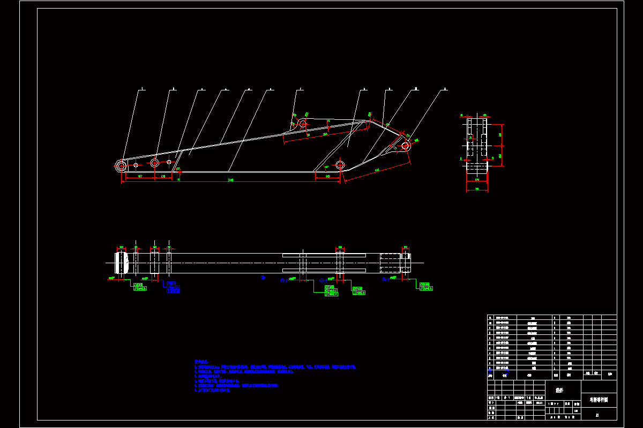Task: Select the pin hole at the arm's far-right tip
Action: click(x=406, y=145)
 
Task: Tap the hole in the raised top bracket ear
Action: click(x=303, y=124)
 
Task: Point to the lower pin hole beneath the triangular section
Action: click(x=340, y=164)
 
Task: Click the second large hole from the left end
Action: click(x=155, y=162)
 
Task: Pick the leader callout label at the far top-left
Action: click(x=143, y=89)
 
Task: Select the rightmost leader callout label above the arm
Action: click(x=445, y=89)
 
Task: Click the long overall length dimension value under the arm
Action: click(x=230, y=180)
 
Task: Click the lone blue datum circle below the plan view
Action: click(x=263, y=277)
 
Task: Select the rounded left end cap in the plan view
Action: click(x=122, y=263)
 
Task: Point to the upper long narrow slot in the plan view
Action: click(x=324, y=255)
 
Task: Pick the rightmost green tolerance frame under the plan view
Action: click(x=426, y=286)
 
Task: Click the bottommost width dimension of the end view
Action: click(x=477, y=189)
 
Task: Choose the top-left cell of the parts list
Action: click(x=490, y=317)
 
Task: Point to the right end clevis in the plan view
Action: click(x=406, y=263)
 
